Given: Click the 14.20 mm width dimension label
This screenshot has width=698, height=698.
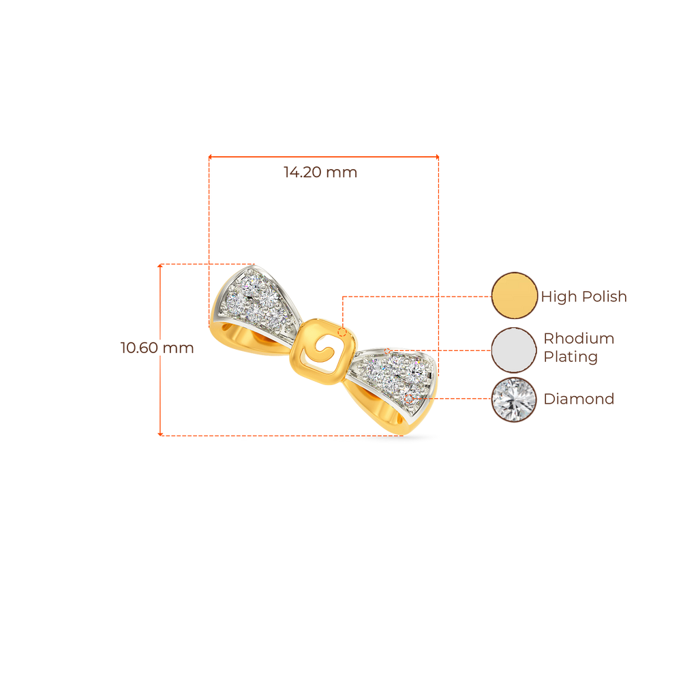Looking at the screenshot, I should [x=320, y=172].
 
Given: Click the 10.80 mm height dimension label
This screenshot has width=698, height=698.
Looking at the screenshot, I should [x=157, y=348].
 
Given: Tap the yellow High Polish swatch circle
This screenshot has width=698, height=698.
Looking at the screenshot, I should [x=515, y=296].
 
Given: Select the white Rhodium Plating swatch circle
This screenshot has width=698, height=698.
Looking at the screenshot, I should [x=515, y=350].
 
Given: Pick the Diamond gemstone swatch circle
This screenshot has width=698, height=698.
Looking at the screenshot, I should [x=515, y=399].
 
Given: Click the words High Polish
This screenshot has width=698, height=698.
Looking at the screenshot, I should [x=583, y=297].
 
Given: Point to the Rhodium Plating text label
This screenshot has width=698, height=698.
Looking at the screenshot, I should [x=579, y=348].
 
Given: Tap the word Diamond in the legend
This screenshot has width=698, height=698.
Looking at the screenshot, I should [x=579, y=399].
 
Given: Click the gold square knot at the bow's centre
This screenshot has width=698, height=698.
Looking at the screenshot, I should [x=321, y=353].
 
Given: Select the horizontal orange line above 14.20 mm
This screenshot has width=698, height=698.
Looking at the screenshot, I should [x=323, y=157].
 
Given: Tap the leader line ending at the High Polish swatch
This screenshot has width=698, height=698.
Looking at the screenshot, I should [x=416, y=297].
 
